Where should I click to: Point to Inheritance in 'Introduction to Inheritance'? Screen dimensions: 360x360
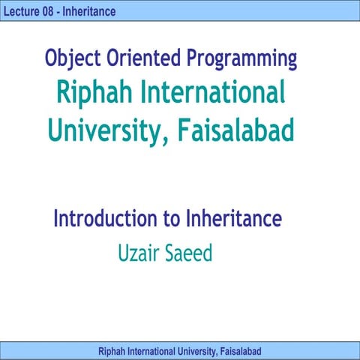pos(239,219)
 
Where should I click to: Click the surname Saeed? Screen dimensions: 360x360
pos(190,253)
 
